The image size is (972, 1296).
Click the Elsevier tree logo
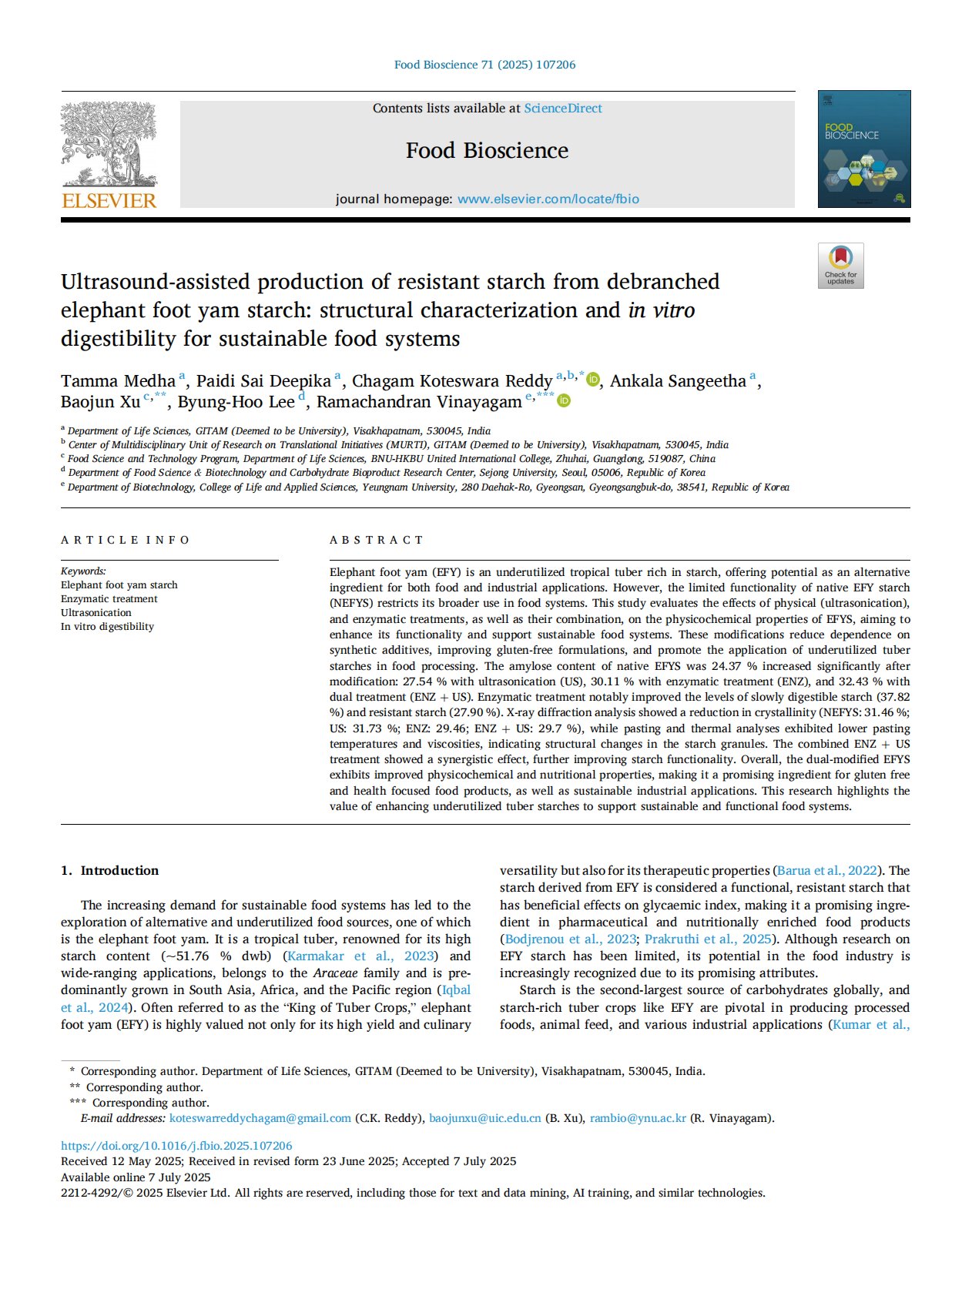pyautogui.click(x=109, y=145)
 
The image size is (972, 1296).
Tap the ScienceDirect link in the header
pyautogui.click(x=563, y=109)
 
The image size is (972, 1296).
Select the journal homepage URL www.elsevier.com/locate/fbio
pyautogui.click(x=548, y=199)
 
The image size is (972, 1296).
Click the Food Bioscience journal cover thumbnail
pyautogui.click(x=863, y=149)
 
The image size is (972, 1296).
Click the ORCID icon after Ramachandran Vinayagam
pyautogui.click(x=564, y=401)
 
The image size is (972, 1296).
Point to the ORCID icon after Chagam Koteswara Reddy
pyautogui.click(x=593, y=380)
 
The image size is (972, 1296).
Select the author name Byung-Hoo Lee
pyautogui.click(x=236, y=402)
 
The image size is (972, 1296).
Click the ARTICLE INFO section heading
pyautogui.click(x=125, y=540)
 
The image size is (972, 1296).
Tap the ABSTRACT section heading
pyautogui.click(x=376, y=540)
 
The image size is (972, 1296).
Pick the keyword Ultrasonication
pyautogui.click(x=96, y=613)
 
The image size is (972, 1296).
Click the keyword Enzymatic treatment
pyautogui.click(x=109, y=599)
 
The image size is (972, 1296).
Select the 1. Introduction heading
pyautogui.click(x=110, y=870)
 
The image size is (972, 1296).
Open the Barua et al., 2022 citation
pyautogui.click(x=827, y=870)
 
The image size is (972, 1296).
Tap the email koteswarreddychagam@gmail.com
pyautogui.click(x=260, y=1118)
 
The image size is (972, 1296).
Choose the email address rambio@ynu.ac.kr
pyautogui.click(x=638, y=1118)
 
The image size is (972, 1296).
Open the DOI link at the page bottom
pyautogui.click(x=176, y=1146)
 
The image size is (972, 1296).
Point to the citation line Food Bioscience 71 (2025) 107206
pyautogui.click(x=484, y=65)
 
